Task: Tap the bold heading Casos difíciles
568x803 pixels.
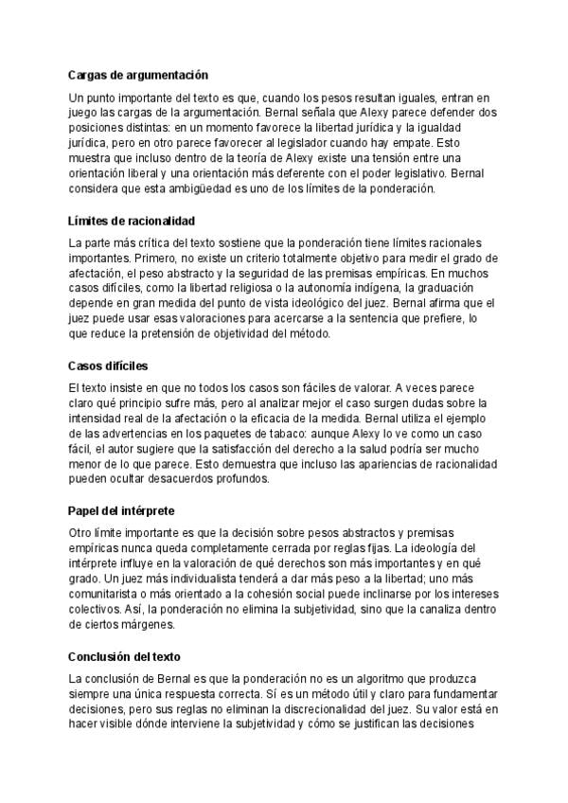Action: pyautogui.click(x=108, y=366)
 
